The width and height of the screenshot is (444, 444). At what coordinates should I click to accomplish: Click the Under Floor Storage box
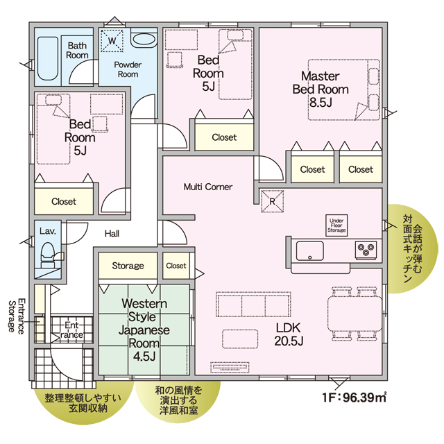(x=336, y=225)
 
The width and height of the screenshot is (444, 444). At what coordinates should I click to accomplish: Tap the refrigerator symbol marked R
(x=272, y=201)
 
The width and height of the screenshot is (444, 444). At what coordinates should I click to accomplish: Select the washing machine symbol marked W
(x=112, y=40)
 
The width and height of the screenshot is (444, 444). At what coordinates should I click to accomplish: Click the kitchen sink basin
(x=310, y=250)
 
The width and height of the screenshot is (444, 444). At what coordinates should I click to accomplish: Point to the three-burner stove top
(x=366, y=250)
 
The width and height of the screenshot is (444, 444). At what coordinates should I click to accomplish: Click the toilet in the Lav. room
(x=48, y=255)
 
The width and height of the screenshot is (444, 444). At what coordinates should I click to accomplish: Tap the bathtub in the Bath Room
(x=48, y=58)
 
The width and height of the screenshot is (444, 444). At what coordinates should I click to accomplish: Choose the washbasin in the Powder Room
(x=144, y=40)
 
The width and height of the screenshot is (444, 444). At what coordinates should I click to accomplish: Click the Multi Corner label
(x=208, y=187)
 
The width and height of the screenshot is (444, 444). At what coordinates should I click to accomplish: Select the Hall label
(x=112, y=234)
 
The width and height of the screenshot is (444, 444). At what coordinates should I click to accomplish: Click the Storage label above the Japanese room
(x=128, y=266)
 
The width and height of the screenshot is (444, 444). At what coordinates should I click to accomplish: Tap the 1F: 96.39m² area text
(x=355, y=398)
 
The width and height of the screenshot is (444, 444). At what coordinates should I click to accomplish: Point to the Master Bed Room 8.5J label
(x=321, y=89)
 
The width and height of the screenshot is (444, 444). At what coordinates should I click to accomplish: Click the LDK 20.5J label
(x=289, y=334)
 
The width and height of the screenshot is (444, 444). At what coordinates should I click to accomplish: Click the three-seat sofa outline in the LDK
(x=253, y=305)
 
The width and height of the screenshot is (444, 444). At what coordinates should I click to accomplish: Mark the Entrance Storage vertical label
(x=16, y=316)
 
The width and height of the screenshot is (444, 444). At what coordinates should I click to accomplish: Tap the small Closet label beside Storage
(x=176, y=266)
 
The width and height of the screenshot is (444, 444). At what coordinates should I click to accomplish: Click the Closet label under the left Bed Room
(x=64, y=201)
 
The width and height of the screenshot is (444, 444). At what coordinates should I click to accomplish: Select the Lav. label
(x=48, y=231)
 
